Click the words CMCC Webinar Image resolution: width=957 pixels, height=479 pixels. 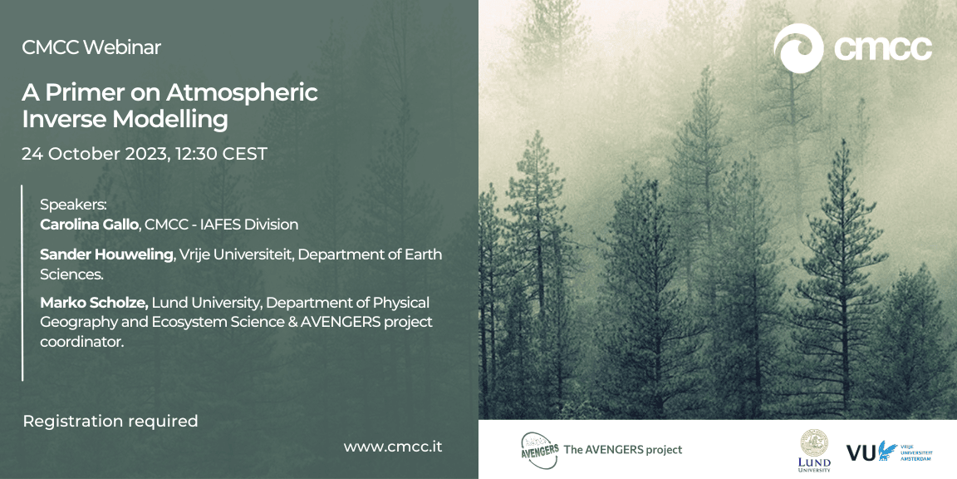click(91, 47)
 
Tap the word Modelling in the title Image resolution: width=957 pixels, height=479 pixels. click(169, 119)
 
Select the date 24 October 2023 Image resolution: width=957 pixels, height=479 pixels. click(95, 154)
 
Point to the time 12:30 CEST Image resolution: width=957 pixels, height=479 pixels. click(222, 154)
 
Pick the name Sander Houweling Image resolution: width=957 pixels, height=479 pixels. click(107, 254)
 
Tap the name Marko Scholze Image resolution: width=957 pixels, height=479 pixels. click(95, 303)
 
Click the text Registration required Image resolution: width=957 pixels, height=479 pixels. click(110, 421)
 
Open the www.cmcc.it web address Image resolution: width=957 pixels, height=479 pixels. click(393, 447)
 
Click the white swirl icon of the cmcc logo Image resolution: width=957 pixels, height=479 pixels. click(798, 48)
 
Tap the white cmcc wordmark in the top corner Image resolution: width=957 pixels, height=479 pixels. click(883, 48)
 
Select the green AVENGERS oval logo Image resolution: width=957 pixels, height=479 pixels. click(539, 450)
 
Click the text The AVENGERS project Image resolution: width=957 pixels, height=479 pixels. click(623, 450)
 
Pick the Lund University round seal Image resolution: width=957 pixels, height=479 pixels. click(814, 442)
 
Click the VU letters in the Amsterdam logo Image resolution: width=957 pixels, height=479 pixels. click(861, 452)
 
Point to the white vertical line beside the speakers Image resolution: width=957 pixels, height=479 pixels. click(22, 283)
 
